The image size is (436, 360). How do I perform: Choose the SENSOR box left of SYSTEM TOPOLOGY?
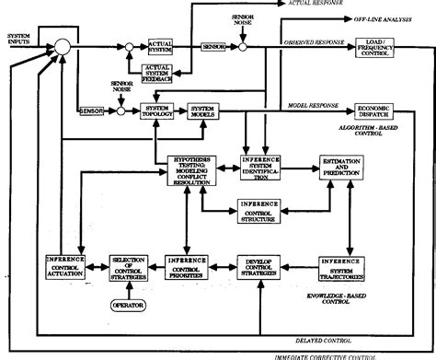click(90, 111)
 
